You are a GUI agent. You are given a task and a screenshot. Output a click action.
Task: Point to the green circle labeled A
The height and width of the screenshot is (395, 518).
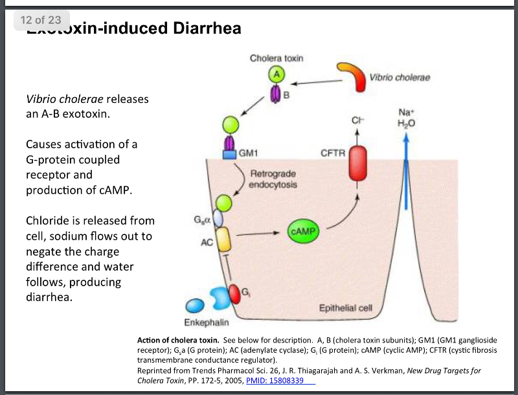click(277, 74)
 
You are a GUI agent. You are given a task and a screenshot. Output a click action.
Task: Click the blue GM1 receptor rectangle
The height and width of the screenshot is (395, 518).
click(230, 154)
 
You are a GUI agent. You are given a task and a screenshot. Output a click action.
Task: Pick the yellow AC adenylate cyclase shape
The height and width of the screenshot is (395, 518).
click(223, 239)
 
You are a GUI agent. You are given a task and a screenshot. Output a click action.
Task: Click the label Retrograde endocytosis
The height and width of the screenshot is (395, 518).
click(273, 179)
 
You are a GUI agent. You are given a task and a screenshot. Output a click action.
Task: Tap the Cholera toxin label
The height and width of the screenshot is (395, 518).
click(276, 58)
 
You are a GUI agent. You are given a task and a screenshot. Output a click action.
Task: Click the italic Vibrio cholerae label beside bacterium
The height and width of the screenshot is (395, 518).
click(400, 78)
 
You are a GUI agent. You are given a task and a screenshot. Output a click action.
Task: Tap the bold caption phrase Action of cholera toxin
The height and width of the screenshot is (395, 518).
click(177, 340)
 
